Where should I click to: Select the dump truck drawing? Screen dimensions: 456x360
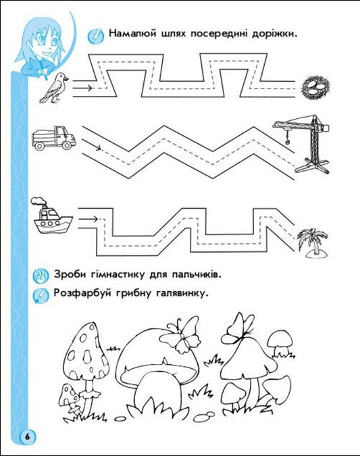click(x=53, y=137)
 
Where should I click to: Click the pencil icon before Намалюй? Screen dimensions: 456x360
click(x=95, y=34)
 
